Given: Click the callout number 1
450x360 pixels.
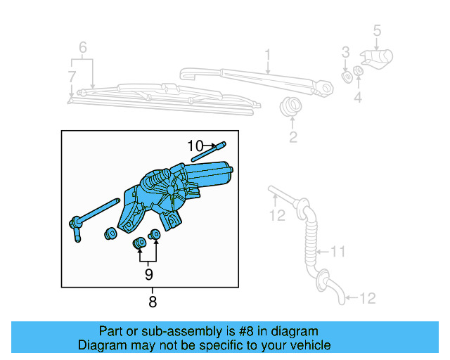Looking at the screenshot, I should tap(267, 55).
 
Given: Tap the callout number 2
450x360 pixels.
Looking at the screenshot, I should tap(292, 136).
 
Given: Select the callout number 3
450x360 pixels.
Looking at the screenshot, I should tap(345, 52).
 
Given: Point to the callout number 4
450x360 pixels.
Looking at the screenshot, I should tap(358, 98).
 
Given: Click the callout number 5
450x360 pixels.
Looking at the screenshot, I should tap(377, 30).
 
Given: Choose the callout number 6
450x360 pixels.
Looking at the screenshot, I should tap(82, 48).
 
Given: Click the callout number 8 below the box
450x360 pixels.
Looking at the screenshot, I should tap(152, 302).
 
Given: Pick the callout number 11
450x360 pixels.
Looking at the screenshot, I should tap(339, 250).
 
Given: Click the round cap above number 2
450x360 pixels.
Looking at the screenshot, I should tap(290, 108).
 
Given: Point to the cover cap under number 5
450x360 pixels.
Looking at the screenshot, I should tap(378, 58).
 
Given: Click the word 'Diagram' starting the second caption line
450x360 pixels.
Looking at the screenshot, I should tap(101, 345).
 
